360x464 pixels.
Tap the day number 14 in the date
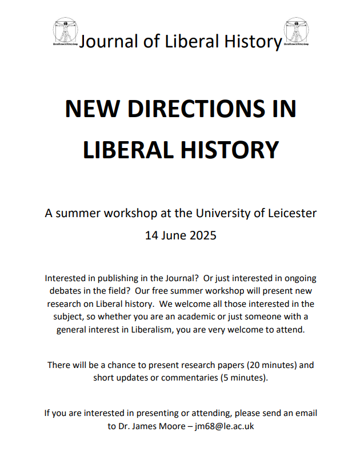click(x=151, y=234)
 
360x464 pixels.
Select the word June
click(x=175, y=234)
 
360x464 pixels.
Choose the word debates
click(x=67, y=291)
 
